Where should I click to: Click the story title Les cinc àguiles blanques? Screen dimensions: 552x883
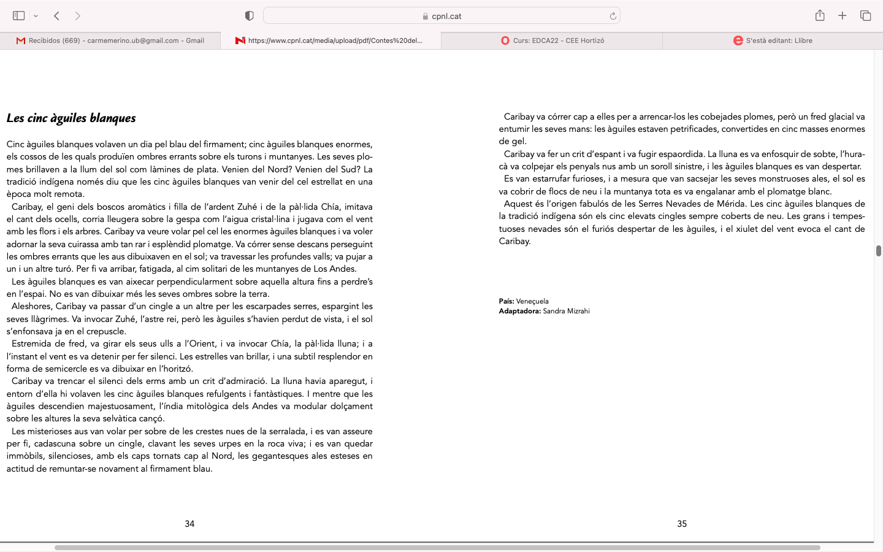71,118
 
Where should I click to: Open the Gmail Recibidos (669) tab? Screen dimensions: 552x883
110,40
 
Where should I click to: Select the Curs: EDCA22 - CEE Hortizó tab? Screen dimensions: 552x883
552,40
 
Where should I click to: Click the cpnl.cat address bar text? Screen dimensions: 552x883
446,16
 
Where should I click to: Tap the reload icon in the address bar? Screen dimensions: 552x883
613,16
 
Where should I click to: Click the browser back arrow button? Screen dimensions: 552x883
56,16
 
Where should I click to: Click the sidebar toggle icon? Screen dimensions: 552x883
19,16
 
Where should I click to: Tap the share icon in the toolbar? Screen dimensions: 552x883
820,16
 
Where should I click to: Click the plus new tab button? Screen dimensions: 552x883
843,16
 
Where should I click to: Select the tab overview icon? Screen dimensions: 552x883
865,16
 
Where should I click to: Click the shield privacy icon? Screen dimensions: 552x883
250,16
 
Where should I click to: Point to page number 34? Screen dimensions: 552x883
189,524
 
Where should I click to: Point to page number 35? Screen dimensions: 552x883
682,524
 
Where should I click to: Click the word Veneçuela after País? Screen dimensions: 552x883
532,301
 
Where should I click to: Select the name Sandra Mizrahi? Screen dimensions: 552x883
566,311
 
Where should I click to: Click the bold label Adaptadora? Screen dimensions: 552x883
519,311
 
